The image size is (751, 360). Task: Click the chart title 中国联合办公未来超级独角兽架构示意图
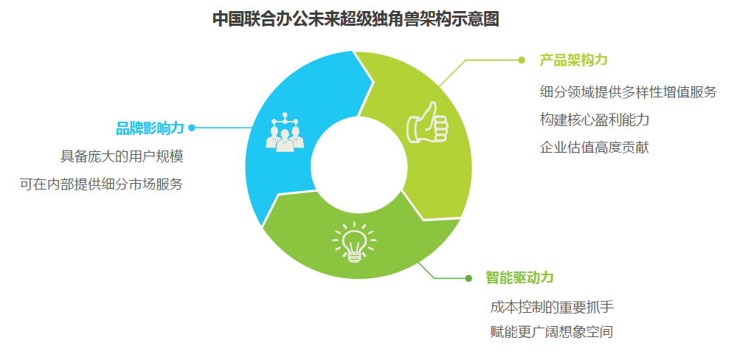356,20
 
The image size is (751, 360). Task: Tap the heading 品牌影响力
150,128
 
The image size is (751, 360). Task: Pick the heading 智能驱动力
519,277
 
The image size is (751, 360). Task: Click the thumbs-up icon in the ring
427,122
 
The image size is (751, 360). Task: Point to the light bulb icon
354,242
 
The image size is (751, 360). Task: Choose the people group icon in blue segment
285,132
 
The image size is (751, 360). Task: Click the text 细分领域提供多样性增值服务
628,91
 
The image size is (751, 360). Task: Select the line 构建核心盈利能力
595,120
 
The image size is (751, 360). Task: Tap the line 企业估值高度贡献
595,147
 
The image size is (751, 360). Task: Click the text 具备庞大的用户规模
122,156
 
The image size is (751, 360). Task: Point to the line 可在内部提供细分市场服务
102,184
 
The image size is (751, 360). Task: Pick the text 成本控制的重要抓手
552,307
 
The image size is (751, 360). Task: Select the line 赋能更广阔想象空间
552,332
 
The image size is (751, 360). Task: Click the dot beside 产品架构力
522,60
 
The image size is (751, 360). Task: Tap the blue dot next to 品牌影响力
192,128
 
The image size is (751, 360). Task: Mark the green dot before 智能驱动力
468,278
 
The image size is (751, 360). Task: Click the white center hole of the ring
358,166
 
